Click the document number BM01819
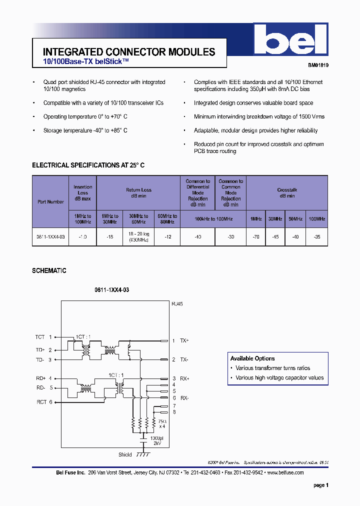tap(318, 65)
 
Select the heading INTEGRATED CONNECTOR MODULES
tap(129, 51)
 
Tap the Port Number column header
tap(50, 202)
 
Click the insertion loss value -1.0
tap(82, 236)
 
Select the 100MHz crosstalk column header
tap(316, 219)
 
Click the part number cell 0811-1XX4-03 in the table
tap(50, 236)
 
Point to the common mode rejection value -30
tap(230, 236)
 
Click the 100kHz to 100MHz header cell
tap(213, 219)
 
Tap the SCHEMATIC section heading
tap(49, 270)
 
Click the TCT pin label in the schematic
tap(40, 337)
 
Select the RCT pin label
tap(41, 402)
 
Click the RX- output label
tap(184, 397)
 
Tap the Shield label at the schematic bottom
tap(125, 454)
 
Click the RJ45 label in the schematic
tap(177, 303)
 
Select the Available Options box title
tap(252, 358)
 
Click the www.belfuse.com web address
tap(285, 472)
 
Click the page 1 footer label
tap(320, 485)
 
